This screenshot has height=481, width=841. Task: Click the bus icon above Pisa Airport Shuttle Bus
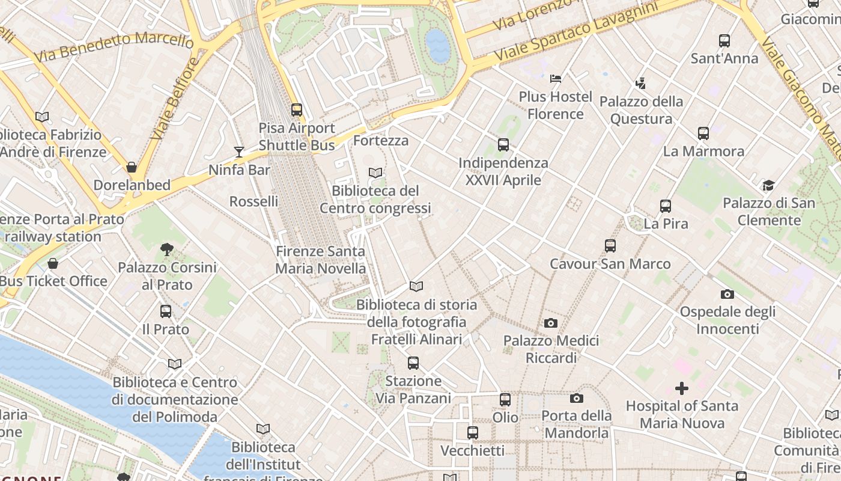pyautogui.click(x=297, y=110)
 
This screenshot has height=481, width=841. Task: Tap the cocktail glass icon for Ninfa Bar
pyautogui.click(x=239, y=152)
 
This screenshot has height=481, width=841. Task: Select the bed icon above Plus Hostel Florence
pyautogui.click(x=556, y=78)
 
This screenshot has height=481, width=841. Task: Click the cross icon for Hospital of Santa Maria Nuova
pyautogui.click(x=682, y=388)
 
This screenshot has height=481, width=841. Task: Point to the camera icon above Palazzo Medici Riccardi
pyautogui.click(x=551, y=323)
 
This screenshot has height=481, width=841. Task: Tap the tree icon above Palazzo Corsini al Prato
pyautogui.click(x=167, y=249)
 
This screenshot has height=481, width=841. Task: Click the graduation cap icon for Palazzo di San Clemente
pyautogui.click(x=768, y=185)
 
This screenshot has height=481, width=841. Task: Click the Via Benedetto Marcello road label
pyautogui.click(x=114, y=47)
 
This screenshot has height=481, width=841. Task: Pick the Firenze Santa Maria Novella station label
pyautogui.click(x=320, y=260)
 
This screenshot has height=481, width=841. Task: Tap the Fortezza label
pyautogui.click(x=381, y=141)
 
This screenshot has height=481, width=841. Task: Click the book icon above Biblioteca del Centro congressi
pyautogui.click(x=375, y=173)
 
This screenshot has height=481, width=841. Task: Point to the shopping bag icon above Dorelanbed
pyautogui.click(x=132, y=167)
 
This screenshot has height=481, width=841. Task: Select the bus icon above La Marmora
pyautogui.click(x=703, y=133)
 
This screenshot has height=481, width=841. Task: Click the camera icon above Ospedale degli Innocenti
pyautogui.click(x=727, y=294)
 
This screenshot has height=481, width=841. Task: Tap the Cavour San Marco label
pyautogui.click(x=610, y=264)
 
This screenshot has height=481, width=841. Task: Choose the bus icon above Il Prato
pyautogui.click(x=166, y=311)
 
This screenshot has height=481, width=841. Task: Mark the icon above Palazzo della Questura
pyautogui.click(x=641, y=84)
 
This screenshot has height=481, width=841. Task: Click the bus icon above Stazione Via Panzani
pyautogui.click(x=413, y=363)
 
